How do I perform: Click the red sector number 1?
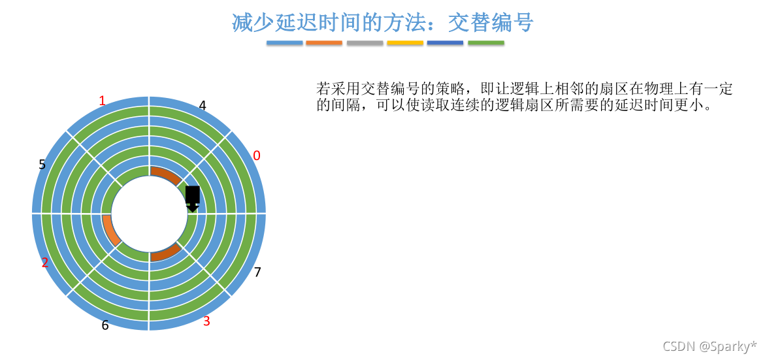pos(102,101)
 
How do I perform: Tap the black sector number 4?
pos(203,105)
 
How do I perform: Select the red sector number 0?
pos(256,155)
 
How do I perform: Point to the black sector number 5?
pos(42,164)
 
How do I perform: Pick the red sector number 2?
pos(45,263)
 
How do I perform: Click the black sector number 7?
pos(257,272)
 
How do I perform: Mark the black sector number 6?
pos(105,325)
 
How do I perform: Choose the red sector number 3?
pos(206,321)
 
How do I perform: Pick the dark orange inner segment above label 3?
pos(165,253)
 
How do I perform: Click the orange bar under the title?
pos(324,43)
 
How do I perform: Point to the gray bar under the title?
pos(365,43)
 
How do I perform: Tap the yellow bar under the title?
pos(405,43)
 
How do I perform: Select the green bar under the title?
pos(486,43)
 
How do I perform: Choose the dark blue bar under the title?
pos(446,43)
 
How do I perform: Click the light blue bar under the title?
pos(284,43)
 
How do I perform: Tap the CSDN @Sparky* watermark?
pos(710,346)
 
